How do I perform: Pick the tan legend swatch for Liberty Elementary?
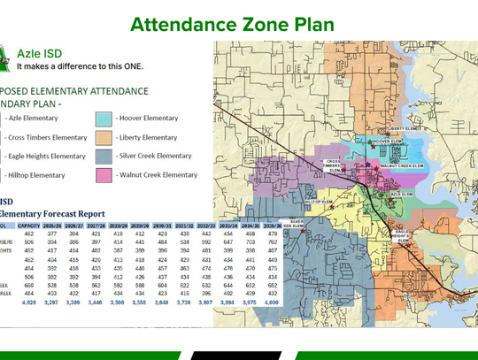[104, 137]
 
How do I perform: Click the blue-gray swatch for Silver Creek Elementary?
[104, 156]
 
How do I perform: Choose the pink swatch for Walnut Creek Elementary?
[104, 175]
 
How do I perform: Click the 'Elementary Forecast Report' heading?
[52, 213]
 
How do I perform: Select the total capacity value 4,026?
[33, 302]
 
